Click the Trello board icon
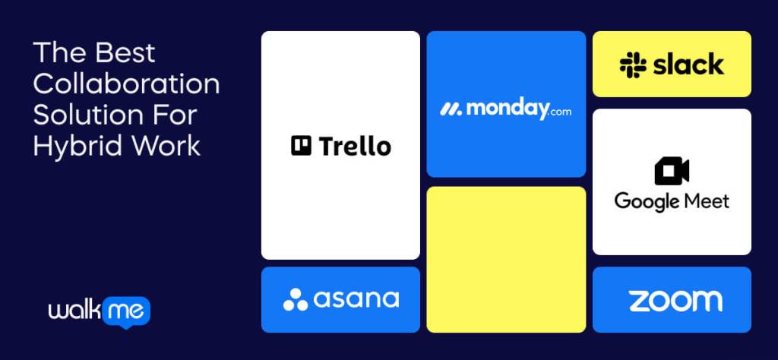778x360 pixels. click(x=302, y=145)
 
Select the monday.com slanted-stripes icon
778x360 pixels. click(x=451, y=109)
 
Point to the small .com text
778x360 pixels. click(x=559, y=112)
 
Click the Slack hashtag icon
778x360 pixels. click(x=632, y=65)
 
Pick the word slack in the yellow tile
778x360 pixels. click(x=688, y=65)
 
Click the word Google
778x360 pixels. click(x=645, y=201)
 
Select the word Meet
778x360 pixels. click(x=704, y=201)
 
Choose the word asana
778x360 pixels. click(x=356, y=299)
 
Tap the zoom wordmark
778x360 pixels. click(x=675, y=301)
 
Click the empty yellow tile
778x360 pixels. click(x=506, y=259)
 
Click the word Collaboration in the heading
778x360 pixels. click(x=126, y=84)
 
